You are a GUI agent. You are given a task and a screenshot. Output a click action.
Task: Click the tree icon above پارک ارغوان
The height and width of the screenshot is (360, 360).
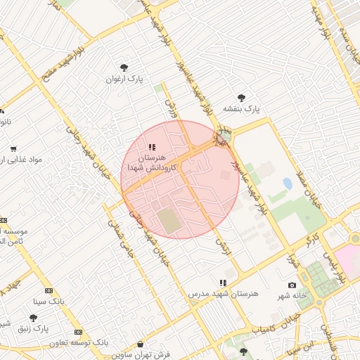[124, 67]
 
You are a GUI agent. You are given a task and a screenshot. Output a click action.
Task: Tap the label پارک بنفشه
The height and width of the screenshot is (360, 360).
[242, 109]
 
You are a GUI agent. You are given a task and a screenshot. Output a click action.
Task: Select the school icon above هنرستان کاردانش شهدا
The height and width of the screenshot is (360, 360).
[151, 148]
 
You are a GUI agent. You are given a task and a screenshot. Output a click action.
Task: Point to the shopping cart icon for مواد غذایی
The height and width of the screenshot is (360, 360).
[13, 149]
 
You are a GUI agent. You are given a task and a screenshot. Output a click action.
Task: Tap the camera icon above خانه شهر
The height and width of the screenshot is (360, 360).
[292, 285]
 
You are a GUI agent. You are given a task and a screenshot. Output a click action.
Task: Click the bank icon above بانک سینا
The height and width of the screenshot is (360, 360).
[49, 290]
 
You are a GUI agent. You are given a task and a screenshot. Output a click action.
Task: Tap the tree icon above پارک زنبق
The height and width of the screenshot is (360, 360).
[33, 318]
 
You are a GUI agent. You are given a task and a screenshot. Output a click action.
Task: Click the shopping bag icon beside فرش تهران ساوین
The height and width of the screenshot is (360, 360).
[141, 345]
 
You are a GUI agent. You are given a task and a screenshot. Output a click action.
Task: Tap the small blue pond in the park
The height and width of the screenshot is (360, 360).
[287, 184]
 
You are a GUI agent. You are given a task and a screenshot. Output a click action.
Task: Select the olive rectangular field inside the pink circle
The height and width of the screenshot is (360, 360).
[169, 220]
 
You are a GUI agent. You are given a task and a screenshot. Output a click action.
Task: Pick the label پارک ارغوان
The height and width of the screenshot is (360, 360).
[124, 79]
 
